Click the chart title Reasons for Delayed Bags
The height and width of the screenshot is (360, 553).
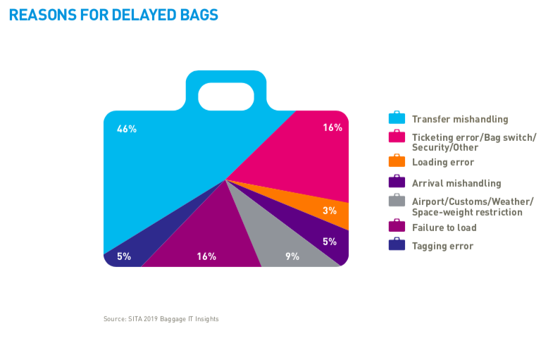click(113, 15)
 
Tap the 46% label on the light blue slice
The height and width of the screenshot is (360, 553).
click(127, 129)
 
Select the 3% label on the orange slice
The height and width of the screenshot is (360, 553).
click(330, 211)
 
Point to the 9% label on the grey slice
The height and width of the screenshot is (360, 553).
click(292, 256)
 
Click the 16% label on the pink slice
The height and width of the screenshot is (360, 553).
click(333, 128)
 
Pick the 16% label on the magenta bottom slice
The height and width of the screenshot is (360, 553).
click(206, 256)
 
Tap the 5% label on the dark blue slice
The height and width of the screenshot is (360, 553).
click(124, 256)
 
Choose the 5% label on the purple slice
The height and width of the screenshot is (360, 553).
click(330, 242)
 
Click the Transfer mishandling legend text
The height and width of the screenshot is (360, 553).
click(460, 119)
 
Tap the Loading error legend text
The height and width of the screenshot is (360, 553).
click(443, 162)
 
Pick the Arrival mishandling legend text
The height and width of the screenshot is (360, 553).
click(456, 183)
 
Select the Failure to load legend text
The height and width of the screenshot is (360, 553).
click(444, 228)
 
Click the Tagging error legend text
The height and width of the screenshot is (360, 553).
click(442, 246)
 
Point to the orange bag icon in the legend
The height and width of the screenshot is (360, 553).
click(397, 161)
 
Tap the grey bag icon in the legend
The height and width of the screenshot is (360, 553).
click(397, 200)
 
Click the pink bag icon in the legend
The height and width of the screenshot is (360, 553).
click(397, 136)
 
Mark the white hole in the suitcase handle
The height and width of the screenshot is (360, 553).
click(226, 97)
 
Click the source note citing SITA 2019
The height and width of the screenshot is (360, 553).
click(161, 319)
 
